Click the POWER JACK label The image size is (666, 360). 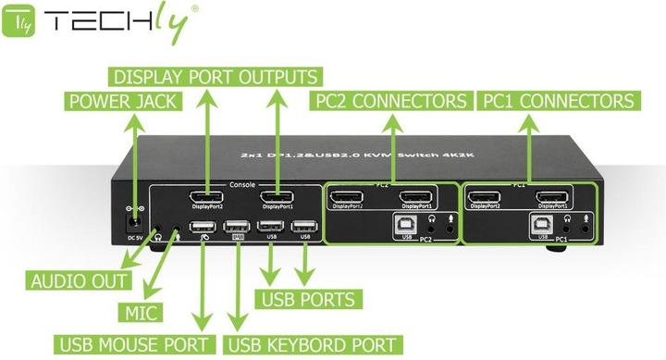120,101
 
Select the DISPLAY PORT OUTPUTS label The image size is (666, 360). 215,76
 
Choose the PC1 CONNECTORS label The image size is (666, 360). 556,101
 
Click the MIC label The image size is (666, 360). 143,312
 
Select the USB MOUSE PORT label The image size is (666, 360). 136,345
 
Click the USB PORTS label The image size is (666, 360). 307,299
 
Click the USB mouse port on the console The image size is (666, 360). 205,226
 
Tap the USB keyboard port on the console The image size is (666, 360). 238,226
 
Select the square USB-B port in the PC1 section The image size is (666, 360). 538,222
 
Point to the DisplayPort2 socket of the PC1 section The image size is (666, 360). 486,195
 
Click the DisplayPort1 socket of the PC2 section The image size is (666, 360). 418,195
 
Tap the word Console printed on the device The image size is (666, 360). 241,184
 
